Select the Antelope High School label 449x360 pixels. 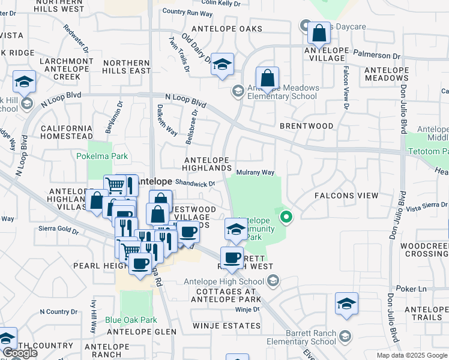230,281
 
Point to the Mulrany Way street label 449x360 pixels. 255,173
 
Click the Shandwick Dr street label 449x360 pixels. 195,184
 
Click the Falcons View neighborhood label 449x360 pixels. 346,196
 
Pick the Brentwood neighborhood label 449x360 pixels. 306,126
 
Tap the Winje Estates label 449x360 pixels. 227,326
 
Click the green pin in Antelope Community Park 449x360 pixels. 287,217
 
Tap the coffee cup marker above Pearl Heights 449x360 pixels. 140,263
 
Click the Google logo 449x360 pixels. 20,353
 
